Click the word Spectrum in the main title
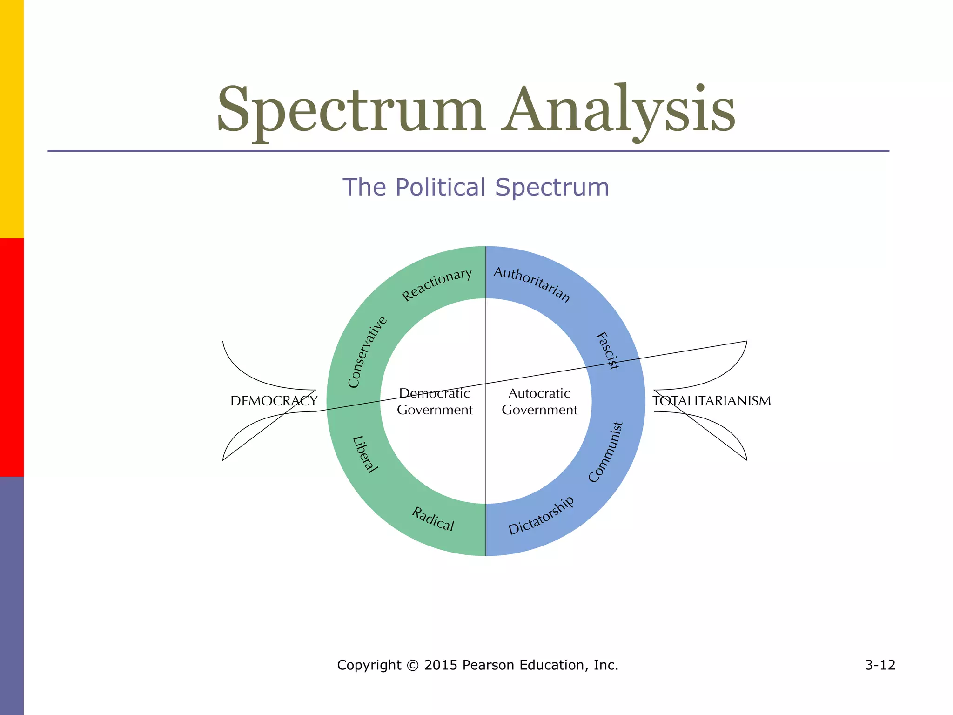[x=351, y=110]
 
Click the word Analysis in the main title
[x=619, y=110]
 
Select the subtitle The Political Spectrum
[x=476, y=187]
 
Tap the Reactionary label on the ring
[x=436, y=284]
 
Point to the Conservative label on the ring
[x=367, y=352]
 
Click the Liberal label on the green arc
[x=365, y=454]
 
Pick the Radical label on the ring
[x=433, y=519]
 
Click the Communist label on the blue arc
[x=605, y=452]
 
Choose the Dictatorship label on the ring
[x=541, y=516]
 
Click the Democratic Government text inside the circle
[x=435, y=402]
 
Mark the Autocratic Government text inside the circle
[x=539, y=402]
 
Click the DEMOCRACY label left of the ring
[x=274, y=401]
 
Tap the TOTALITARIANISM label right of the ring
[x=711, y=401]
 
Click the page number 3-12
[x=880, y=665]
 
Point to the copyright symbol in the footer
[x=412, y=665]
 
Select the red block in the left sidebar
[x=12, y=357]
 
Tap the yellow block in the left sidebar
[x=12, y=119]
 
